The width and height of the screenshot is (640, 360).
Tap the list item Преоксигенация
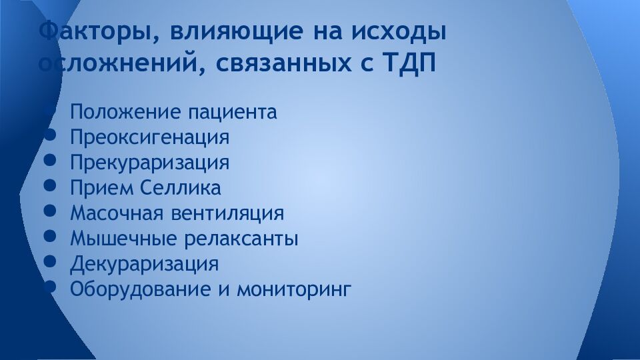(x=150, y=137)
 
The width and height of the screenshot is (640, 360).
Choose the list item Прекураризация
(x=150, y=163)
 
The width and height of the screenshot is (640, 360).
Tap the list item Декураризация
(x=144, y=264)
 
